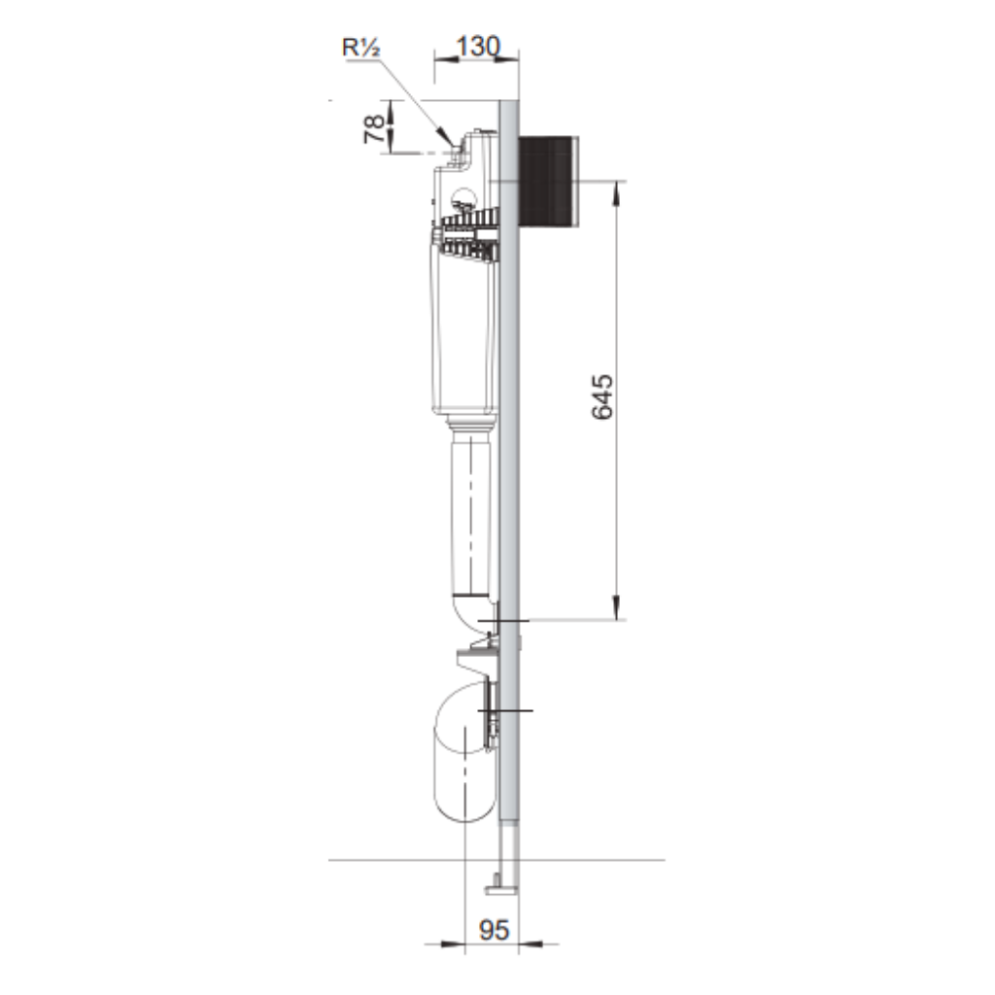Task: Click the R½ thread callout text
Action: tap(361, 48)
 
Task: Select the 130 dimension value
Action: tap(478, 47)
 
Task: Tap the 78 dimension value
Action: tap(374, 128)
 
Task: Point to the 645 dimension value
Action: tap(602, 396)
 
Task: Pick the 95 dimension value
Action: tap(494, 930)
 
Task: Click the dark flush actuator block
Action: tap(549, 182)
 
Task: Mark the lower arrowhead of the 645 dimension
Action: tap(615, 607)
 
